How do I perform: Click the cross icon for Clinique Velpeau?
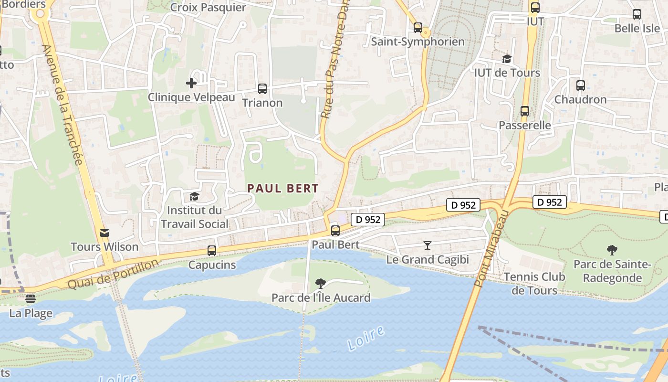(x=191, y=83)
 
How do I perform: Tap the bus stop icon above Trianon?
(x=262, y=89)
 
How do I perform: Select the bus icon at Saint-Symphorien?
(x=418, y=28)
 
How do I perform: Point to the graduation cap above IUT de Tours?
(x=507, y=59)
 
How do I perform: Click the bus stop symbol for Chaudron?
(x=580, y=86)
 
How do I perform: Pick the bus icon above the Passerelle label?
(x=525, y=111)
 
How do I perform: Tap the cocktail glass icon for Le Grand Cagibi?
(x=428, y=245)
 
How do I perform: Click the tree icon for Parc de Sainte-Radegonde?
(x=612, y=250)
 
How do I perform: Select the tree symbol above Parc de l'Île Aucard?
(x=321, y=284)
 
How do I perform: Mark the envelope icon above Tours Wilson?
(x=104, y=233)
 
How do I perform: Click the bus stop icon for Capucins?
(x=212, y=251)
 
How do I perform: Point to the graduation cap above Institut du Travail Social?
(x=194, y=196)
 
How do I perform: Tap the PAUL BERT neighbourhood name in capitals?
(x=283, y=189)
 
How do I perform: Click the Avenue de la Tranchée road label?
(x=63, y=104)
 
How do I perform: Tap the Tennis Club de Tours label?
(x=534, y=284)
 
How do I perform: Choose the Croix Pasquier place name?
(x=208, y=8)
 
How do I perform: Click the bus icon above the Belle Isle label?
(x=637, y=14)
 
